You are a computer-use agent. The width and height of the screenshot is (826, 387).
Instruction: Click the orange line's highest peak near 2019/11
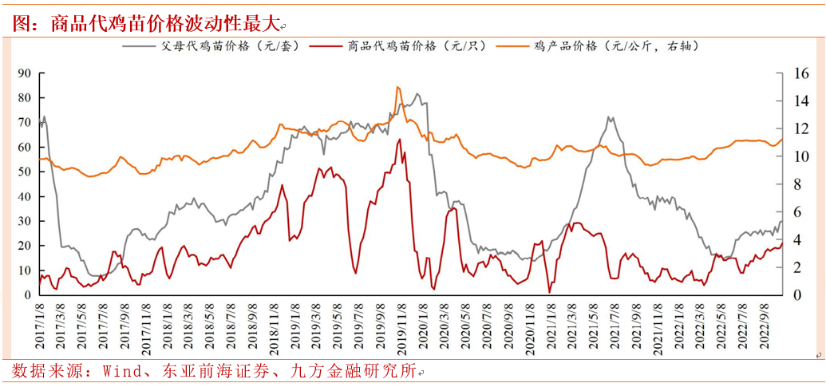click(x=398, y=87)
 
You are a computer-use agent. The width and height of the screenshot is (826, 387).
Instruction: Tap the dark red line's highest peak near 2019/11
click(x=399, y=140)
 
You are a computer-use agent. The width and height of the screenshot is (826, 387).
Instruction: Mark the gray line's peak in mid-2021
click(x=610, y=117)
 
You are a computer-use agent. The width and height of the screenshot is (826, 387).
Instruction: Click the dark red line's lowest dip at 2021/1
click(x=549, y=292)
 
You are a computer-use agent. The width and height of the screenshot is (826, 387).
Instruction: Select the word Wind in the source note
click(x=118, y=371)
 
